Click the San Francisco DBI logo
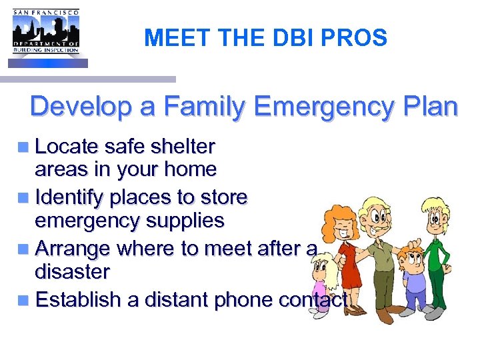(45, 36)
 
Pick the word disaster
(72, 271)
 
